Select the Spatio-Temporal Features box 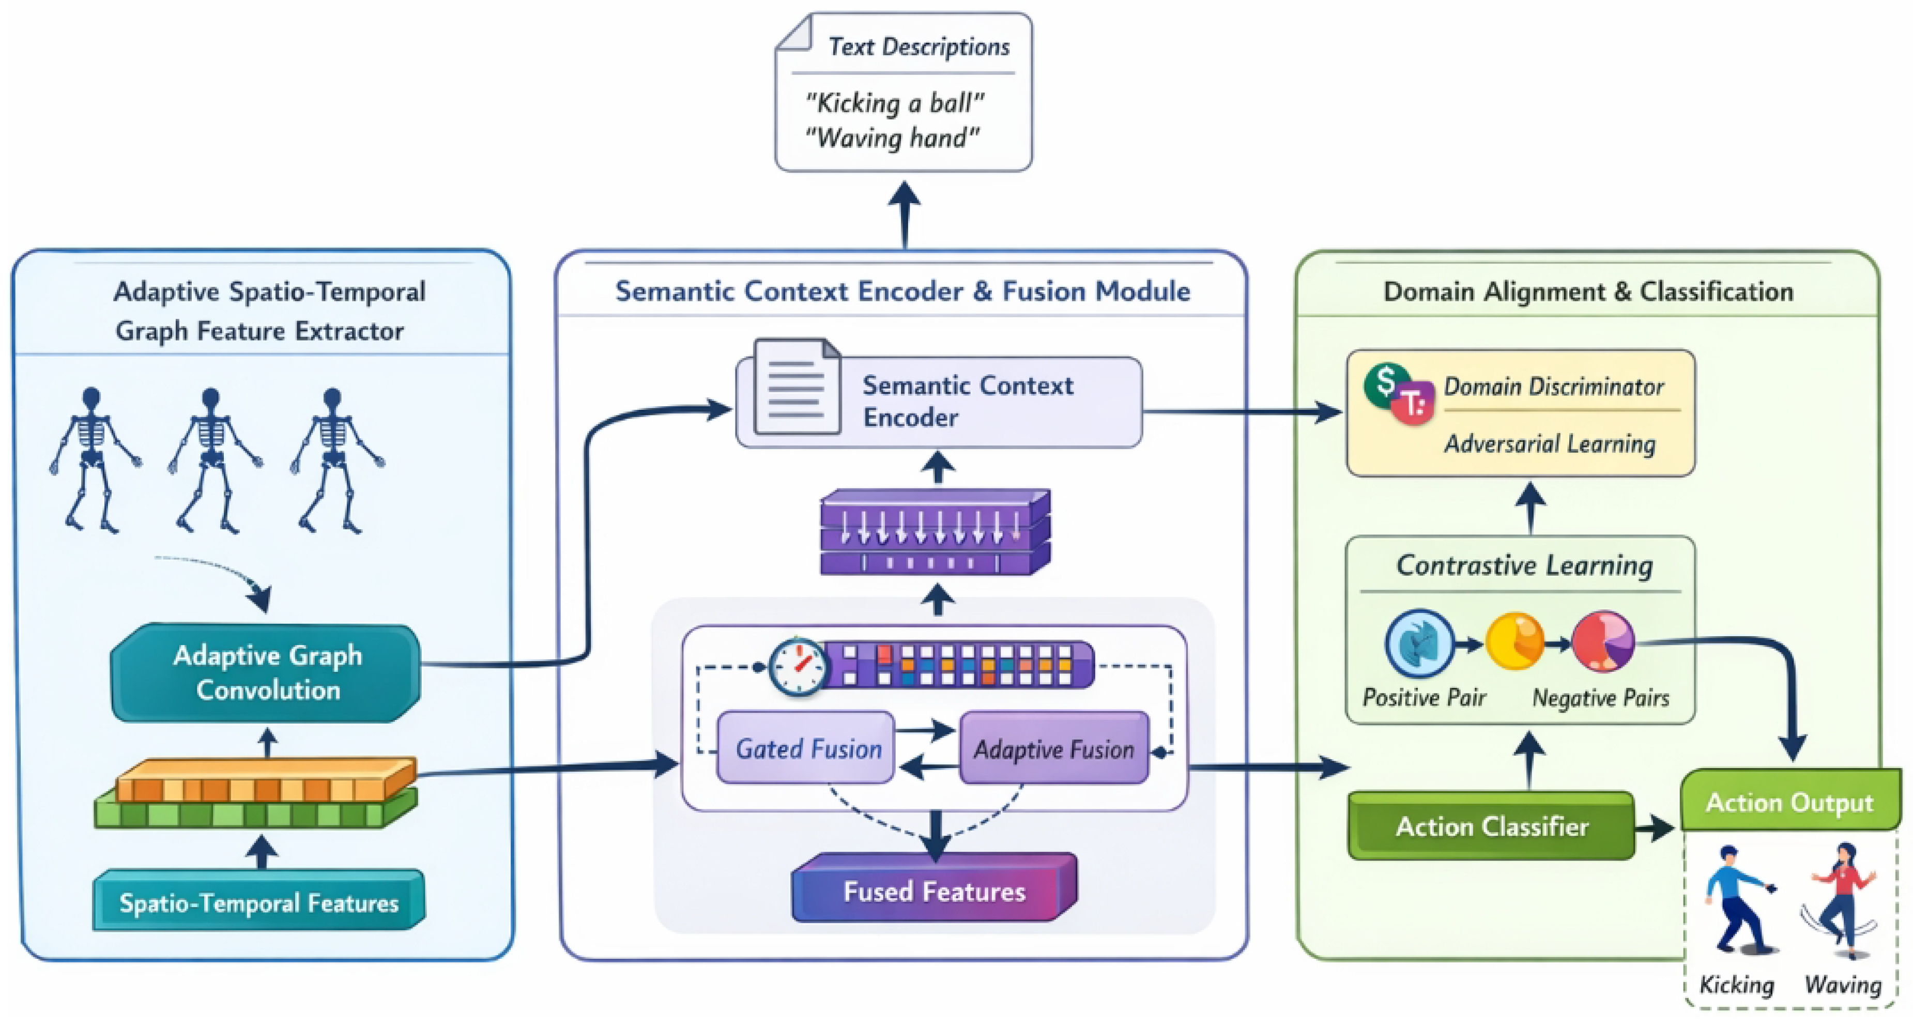click(258, 902)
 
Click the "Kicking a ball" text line click(894, 102)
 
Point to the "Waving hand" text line click(892, 138)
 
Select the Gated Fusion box click(807, 748)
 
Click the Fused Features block click(933, 890)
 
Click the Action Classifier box click(1491, 826)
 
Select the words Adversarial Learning click(1550, 444)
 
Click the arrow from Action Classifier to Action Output click(1655, 827)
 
